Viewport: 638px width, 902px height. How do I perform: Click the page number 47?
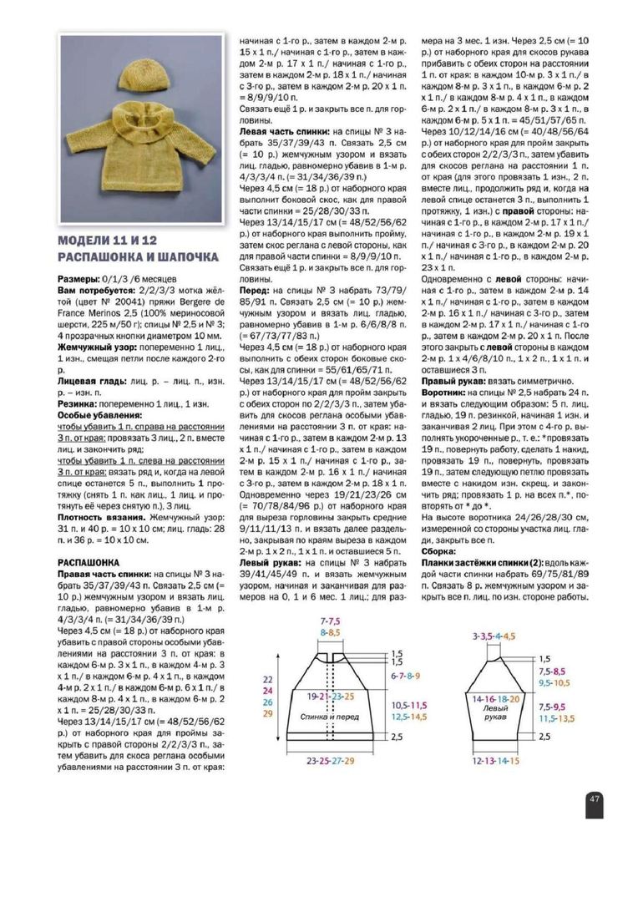(x=594, y=798)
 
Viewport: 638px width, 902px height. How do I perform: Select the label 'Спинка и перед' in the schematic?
(x=326, y=718)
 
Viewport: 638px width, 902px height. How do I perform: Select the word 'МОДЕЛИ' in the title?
(x=87, y=241)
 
